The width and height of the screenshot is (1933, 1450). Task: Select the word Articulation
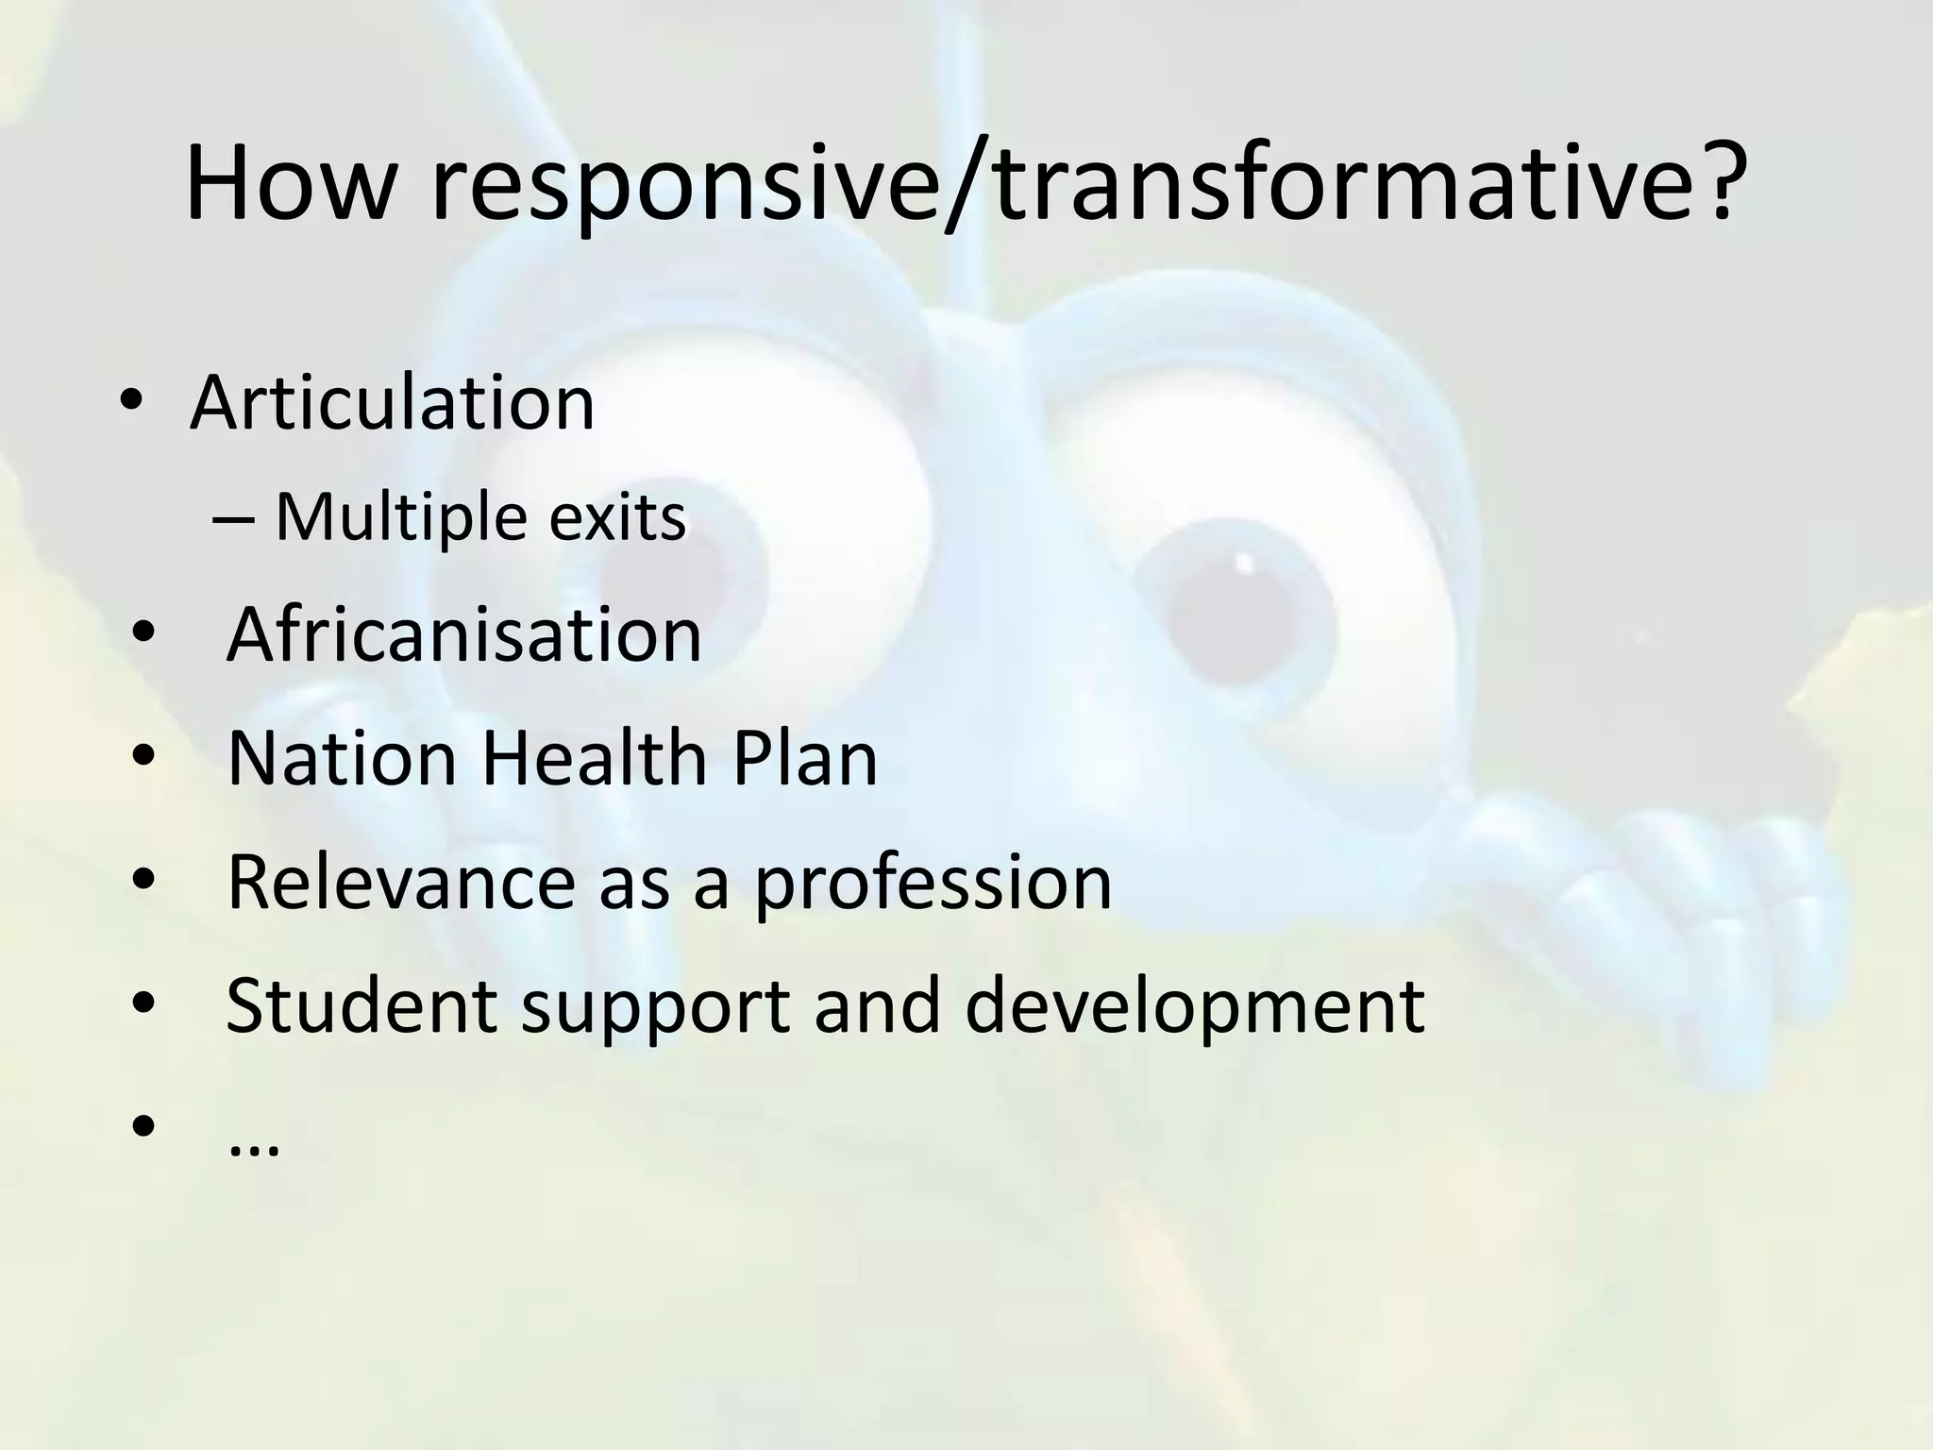[392, 403]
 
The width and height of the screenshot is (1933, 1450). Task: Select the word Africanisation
[463, 634]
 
